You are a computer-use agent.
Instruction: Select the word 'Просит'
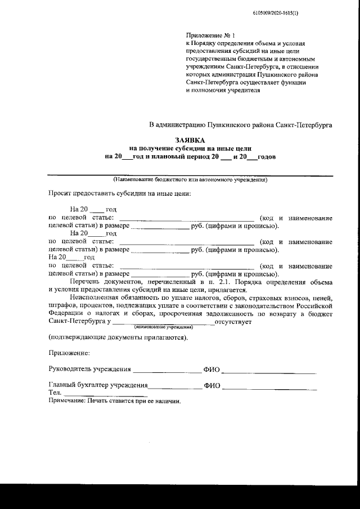coord(58,193)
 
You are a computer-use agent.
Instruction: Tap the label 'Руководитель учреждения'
coord(89,370)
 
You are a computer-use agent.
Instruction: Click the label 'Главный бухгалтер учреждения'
coord(98,386)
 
